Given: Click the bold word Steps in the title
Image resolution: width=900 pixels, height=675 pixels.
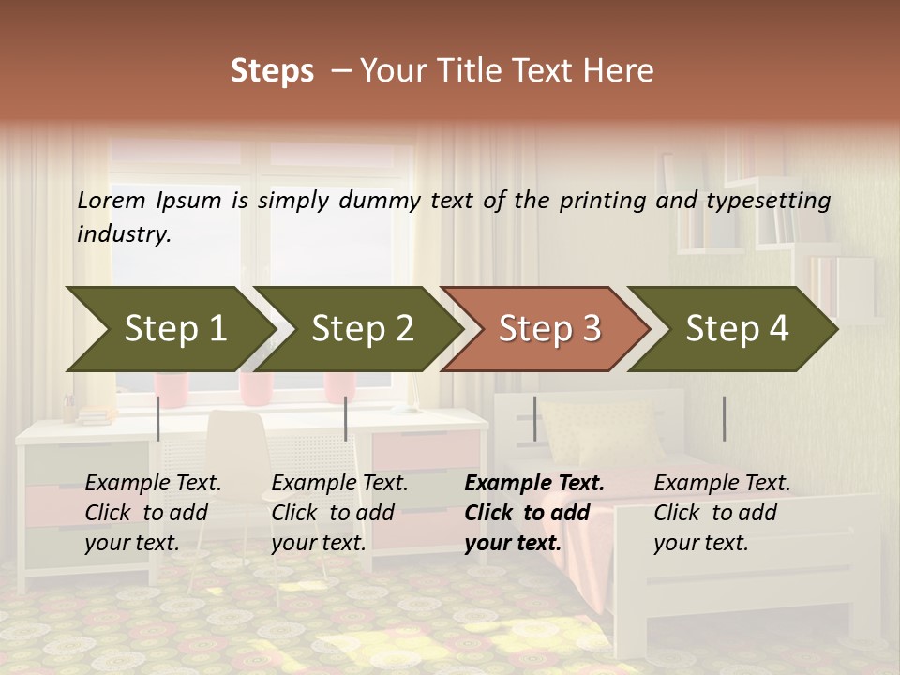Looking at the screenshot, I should (272, 71).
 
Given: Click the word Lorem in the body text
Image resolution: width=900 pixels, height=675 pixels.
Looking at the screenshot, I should (112, 200).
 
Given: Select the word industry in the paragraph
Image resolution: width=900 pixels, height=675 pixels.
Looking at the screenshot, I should (123, 233).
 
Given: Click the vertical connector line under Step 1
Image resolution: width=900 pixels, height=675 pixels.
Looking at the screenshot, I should (158, 418).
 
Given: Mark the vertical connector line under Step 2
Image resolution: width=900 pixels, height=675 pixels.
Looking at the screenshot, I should (346, 418).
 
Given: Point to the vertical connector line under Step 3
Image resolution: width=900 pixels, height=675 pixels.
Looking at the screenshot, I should (534, 418).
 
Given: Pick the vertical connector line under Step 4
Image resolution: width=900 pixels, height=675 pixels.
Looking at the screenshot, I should (724, 418).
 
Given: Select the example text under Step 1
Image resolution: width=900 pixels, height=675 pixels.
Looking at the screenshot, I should (150, 513).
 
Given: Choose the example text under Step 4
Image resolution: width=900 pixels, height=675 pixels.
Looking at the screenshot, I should (719, 513).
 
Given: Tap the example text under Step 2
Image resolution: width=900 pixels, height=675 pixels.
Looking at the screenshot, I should (337, 513).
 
